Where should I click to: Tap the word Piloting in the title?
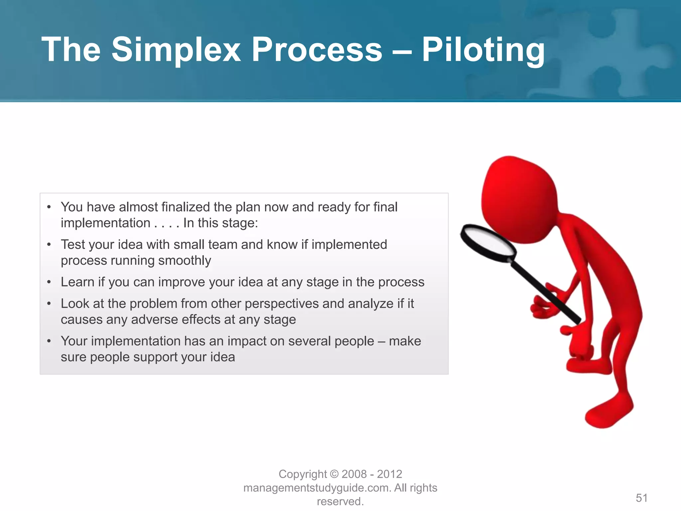pyautogui.click(x=483, y=50)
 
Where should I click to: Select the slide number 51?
pyautogui.click(x=641, y=498)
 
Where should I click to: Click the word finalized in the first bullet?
pyautogui.click(x=186, y=207)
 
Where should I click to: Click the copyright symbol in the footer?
pyautogui.click(x=335, y=474)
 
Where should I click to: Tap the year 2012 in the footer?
pyautogui.click(x=389, y=474)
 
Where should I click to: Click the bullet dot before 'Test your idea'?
pyautogui.click(x=49, y=245)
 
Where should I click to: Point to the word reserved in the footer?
pyautogui.click(x=340, y=501)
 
